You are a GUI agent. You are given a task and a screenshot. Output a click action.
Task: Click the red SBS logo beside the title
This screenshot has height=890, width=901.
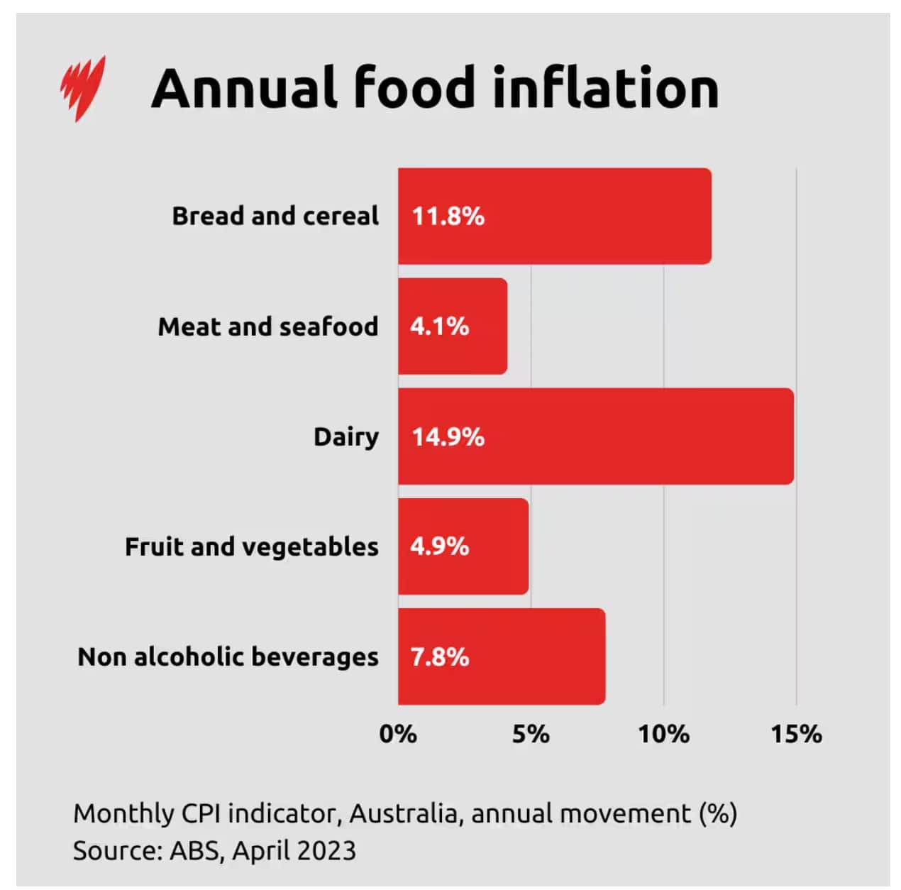click(x=82, y=88)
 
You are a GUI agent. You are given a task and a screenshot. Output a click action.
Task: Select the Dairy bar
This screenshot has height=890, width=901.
click(x=595, y=436)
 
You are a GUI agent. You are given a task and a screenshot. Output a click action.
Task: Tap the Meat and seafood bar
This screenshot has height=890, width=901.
click(x=452, y=326)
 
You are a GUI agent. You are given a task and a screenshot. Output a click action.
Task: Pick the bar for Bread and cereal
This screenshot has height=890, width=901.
click(x=554, y=216)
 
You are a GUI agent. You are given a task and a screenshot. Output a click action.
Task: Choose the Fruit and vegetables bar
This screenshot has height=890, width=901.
click(x=463, y=546)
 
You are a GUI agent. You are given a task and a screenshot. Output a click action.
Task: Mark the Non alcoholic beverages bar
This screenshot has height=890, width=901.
click(x=501, y=656)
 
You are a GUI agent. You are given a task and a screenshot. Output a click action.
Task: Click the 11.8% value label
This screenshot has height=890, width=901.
click(x=448, y=216)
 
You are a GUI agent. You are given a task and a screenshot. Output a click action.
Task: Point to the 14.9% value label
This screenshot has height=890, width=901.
click(x=448, y=436)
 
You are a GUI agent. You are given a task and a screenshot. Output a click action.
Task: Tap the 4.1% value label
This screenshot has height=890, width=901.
click(x=439, y=326)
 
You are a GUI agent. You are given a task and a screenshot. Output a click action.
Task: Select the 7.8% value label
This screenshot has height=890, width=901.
click(x=439, y=657)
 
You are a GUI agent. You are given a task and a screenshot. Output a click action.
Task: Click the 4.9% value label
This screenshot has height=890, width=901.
click(x=439, y=546)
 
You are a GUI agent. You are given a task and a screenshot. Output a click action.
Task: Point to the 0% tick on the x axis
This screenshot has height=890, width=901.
click(x=398, y=734)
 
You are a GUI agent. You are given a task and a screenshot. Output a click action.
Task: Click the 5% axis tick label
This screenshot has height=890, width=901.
click(x=531, y=734)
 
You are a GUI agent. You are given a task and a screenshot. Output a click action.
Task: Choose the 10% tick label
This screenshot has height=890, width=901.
click(x=663, y=734)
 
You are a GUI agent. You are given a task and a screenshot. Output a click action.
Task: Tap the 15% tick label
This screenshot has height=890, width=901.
click(x=796, y=734)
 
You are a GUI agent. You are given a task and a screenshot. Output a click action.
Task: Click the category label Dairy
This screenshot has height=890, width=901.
click(x=346, y=437)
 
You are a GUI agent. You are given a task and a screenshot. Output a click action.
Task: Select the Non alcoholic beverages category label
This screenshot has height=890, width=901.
click(x=228, y=657)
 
